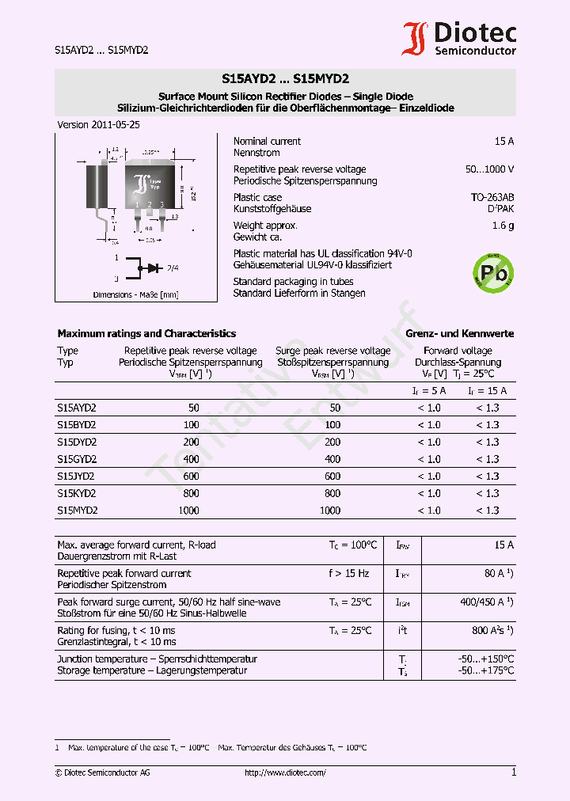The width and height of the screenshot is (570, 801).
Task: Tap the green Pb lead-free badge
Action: coord(492,272)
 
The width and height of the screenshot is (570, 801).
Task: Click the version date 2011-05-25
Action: coord(88,125)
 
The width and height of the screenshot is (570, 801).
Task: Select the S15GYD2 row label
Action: coord(77,459)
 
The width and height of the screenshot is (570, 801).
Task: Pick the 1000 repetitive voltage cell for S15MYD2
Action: coord(189,511)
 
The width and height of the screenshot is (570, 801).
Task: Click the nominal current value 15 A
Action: coord(503,141)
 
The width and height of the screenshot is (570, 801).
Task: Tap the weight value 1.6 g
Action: coord(503,226)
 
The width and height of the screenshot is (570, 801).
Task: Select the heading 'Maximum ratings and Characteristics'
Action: coord(146,333)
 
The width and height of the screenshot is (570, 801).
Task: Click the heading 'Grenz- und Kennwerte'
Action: coord(459,333)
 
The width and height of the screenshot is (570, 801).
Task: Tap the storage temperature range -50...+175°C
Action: coord(486,670)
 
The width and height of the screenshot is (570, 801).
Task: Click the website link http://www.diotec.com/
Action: coord(285,773)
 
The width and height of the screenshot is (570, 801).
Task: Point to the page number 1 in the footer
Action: coord(513,773)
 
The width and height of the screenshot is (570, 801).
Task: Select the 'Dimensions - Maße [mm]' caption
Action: coord(135,294)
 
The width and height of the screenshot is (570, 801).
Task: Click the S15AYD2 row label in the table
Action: coord(77,408)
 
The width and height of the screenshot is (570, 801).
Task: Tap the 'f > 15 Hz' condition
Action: coord(349,573)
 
